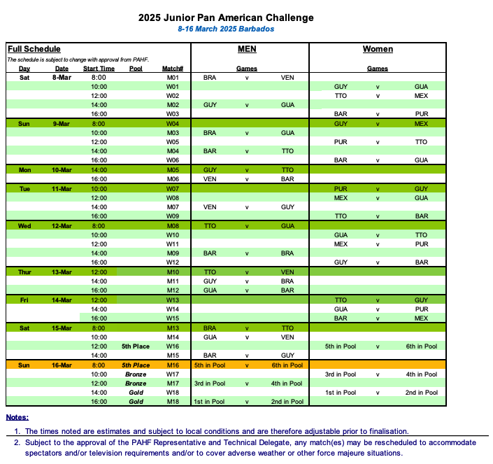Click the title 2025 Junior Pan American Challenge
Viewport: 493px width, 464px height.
[x=226, y=17]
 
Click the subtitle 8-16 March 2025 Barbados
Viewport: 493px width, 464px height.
[x=226, y=29]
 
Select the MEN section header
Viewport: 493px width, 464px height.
[x=246, y=49]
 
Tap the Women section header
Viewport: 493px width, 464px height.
[x=378, y=49]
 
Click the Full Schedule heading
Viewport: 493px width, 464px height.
[x=34, y=49]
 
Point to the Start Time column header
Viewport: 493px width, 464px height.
[x=99, y=69]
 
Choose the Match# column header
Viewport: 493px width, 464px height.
[x=173, y=69]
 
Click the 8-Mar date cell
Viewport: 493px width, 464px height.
[x=62, y=78]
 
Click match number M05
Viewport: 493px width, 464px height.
[x=173, y=170]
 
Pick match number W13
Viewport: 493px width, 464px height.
[x=173, y=300]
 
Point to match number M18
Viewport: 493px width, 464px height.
[x=173, y=402]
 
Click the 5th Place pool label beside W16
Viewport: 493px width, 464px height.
[x=136, y=346]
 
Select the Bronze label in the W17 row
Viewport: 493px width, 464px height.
[x=136, y=374]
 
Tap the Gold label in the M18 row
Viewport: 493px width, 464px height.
[x=136, y=402]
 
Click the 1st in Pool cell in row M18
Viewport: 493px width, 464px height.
[x=210, y=402]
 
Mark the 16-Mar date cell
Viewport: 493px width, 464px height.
[x=62, y=365]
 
